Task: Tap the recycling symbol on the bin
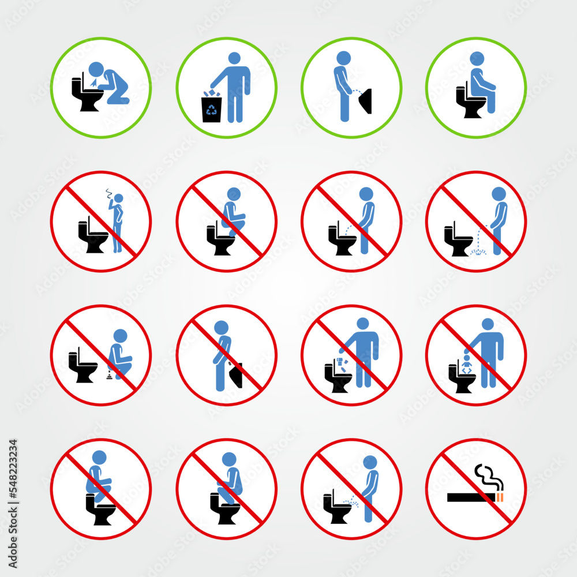(211, 110)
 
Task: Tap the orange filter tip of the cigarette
(500, 497)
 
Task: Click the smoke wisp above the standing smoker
(111, 193)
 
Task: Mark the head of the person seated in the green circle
(477, 58)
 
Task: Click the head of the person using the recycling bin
(234, 58)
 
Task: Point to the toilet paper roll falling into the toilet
(341, 362)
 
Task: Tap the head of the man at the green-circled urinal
(343, 58)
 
